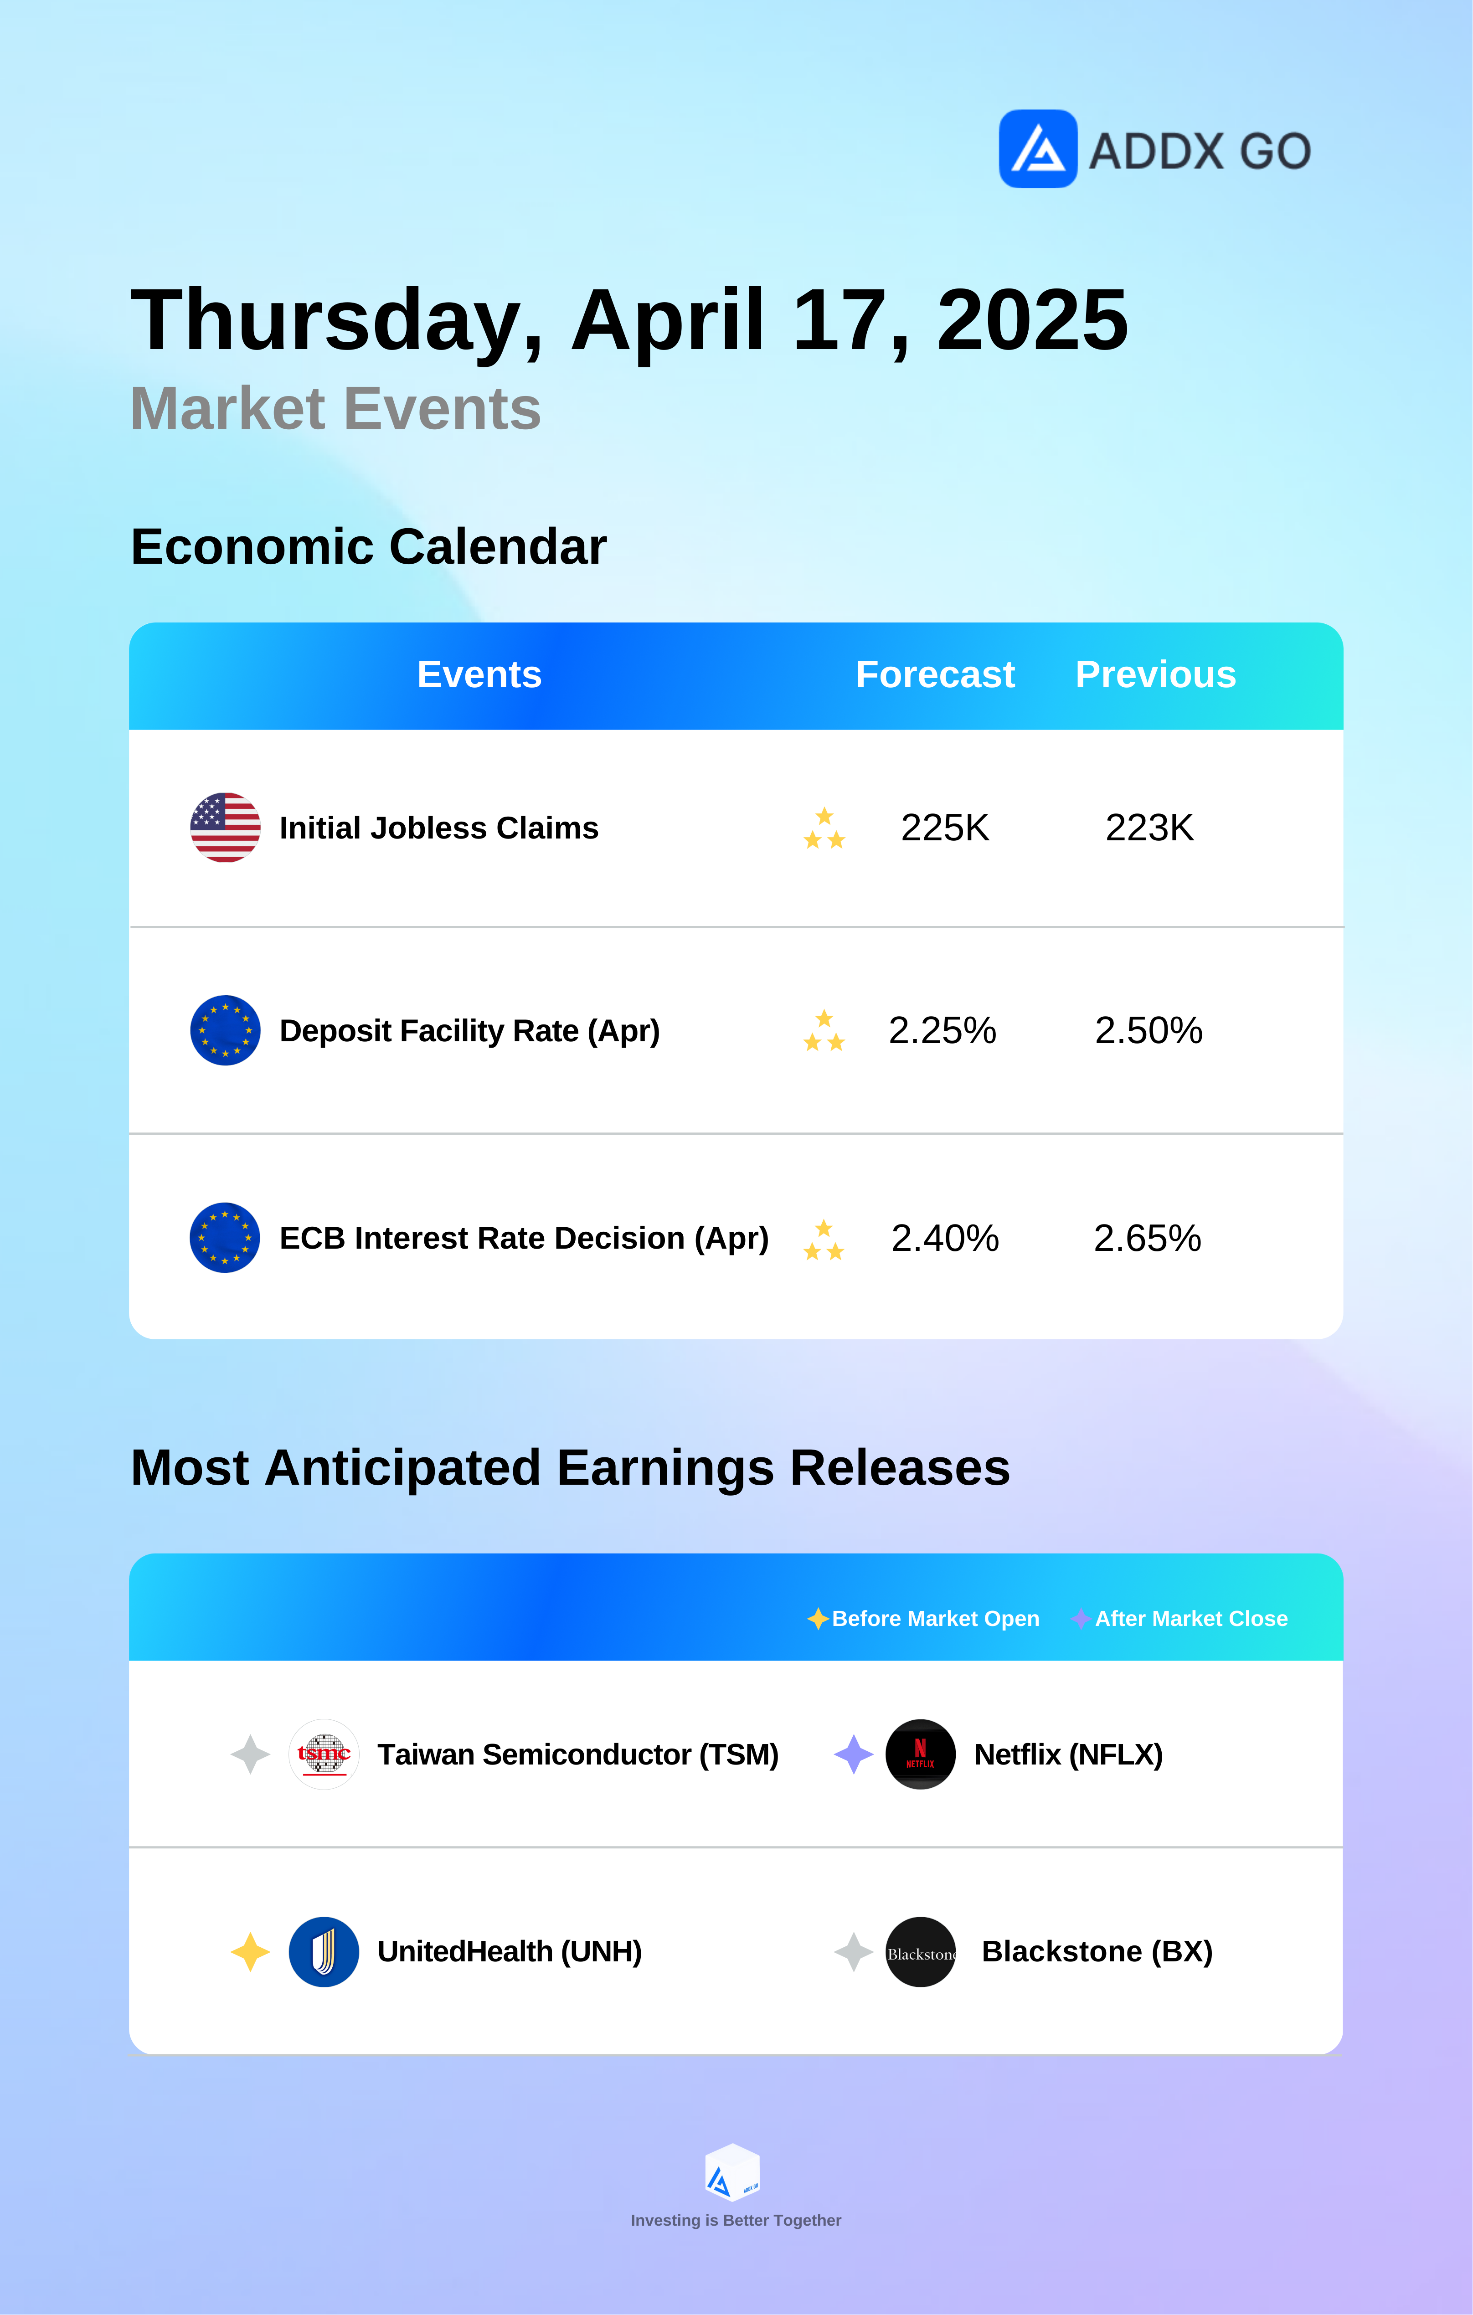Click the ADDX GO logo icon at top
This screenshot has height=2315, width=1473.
coord(1037,149)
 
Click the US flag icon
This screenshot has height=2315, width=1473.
coord(225,827)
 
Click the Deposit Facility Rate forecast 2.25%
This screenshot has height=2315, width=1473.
coord(942,1031)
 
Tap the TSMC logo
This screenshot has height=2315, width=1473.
coord(324,1754)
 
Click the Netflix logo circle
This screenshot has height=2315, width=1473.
coord(920,1754)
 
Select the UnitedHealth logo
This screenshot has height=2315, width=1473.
coord(324,1952)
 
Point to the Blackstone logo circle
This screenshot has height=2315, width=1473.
coord(920,1952)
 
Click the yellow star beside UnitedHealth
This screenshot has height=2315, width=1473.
coord(250,1952)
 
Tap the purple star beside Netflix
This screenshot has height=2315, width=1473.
coord(854,1754)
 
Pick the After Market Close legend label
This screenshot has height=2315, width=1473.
coord(1191,1619)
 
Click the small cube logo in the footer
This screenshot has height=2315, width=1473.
coord(733,2172)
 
